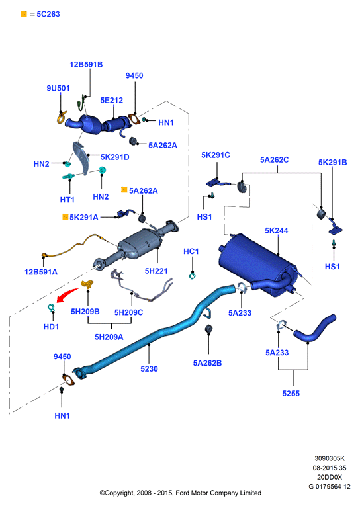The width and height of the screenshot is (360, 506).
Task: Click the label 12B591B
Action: (x=86, y=65)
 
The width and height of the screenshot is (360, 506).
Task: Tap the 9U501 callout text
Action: (x=58, y=88)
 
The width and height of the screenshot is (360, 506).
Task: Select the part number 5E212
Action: (x=112, y=100)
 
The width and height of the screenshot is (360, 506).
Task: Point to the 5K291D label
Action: (x=115, y=157)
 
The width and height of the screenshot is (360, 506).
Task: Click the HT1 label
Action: (x=67, y=200)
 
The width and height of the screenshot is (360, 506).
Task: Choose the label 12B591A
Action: (x=41, y=272)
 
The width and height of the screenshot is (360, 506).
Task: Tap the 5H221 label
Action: (x=156, y=271)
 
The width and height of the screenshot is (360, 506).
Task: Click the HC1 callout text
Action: (x=191, y=251)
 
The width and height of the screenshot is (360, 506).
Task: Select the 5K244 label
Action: (x=277, y=230)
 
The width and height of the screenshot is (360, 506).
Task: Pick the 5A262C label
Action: (x=275, y=160)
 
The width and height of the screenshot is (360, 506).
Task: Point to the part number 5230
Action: (x=149, y=369)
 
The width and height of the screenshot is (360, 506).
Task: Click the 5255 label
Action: (x=291, y=394)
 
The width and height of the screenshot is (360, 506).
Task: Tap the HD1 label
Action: (x=51, y=327)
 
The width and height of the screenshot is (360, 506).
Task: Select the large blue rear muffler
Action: (x=258, y=263)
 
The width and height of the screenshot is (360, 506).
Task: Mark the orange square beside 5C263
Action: (x=24, y=13)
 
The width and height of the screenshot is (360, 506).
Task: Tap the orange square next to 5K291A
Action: (x=66, y=217)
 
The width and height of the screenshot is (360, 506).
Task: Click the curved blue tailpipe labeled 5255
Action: (x=315, y=329)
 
